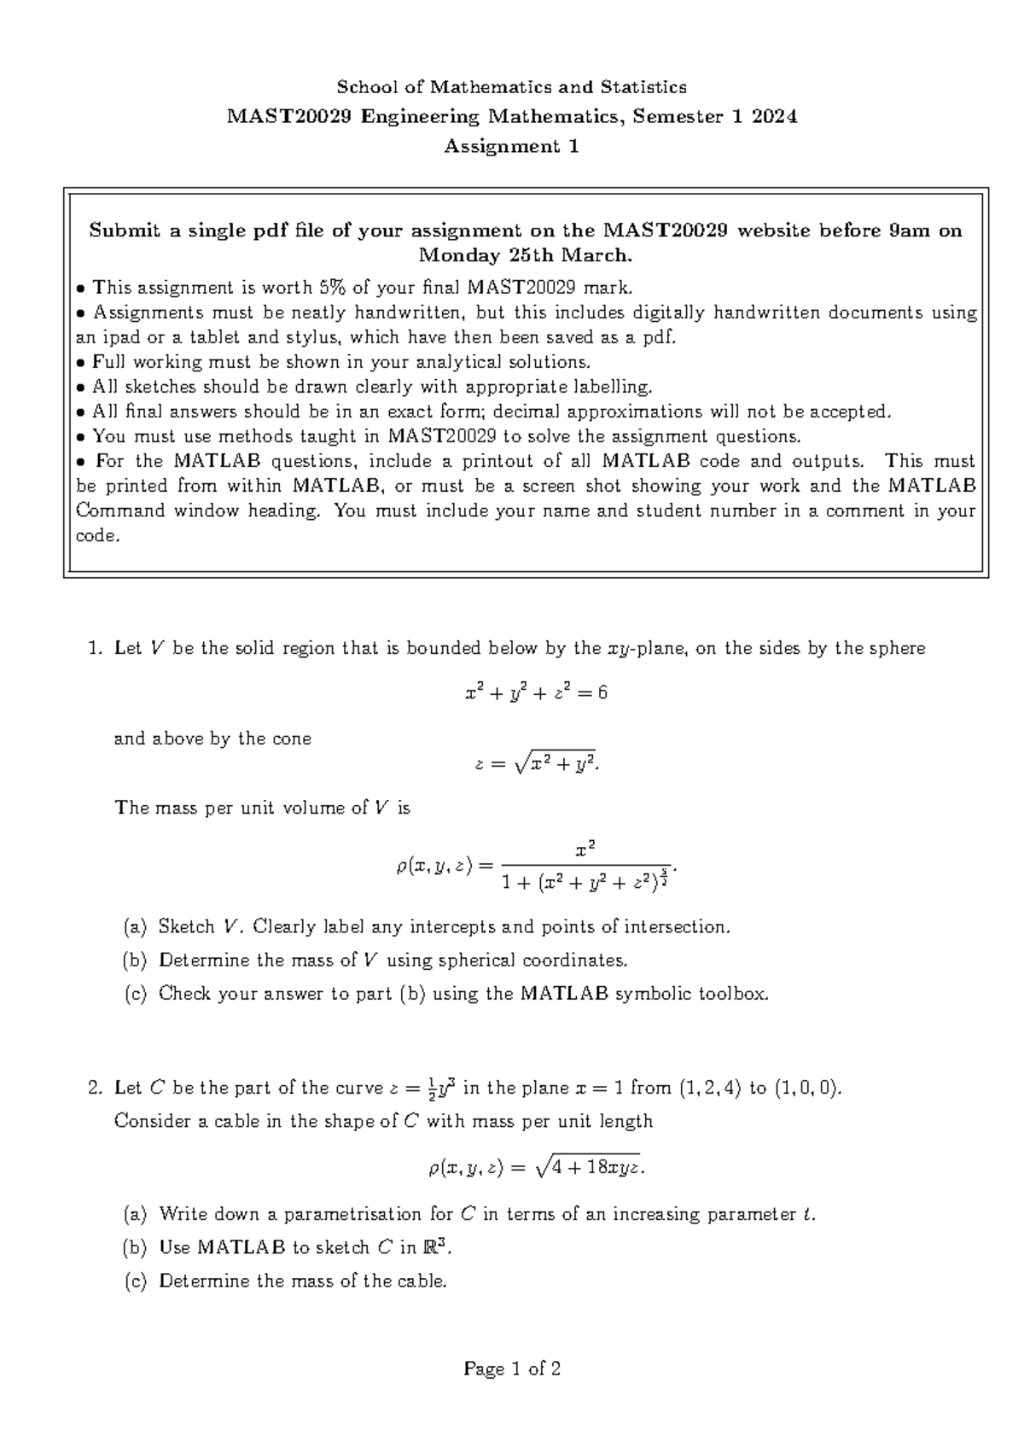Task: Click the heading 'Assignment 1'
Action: tap(511, 147)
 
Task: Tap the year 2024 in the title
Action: tap(774, 117)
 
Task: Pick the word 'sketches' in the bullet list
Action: tap(160, 387)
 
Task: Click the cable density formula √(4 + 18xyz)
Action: tap(536, 1167)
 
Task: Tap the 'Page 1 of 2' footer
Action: tap(511, 1369)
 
